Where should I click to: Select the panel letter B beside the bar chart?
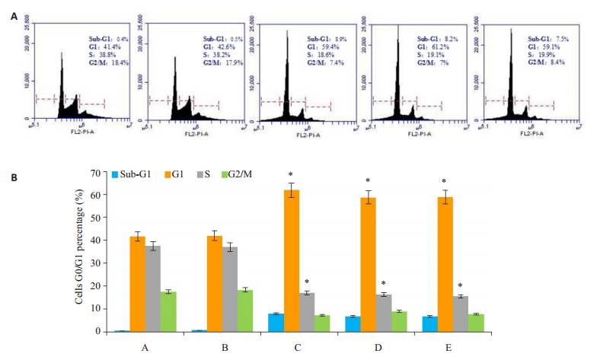tap(12, 180)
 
